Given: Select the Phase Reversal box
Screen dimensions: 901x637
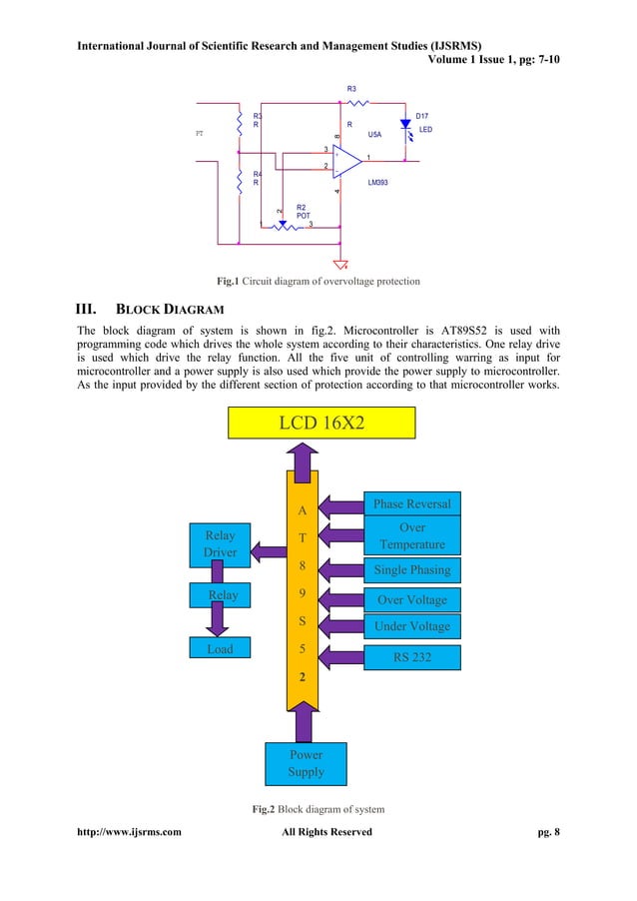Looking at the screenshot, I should (x=411, y=503).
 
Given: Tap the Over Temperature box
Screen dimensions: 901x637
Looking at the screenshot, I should (x=411, y=536).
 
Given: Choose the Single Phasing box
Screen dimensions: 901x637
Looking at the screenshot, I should (x=411, y=570).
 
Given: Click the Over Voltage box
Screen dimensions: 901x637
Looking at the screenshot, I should (x=411, y=600).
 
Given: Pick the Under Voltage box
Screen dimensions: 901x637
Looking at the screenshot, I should (x=411, y=627).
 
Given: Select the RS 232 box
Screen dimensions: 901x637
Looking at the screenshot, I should (x=411, y=657).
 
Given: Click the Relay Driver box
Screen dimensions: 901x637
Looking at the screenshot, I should (x=220, y=543).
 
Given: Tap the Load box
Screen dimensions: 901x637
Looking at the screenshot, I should (x=220, y=649).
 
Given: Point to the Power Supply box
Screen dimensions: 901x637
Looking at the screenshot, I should (x=306, y=764).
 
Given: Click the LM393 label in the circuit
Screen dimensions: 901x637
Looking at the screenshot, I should (x=378, y=184).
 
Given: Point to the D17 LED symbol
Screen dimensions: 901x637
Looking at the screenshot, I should (x=405, y=125).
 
